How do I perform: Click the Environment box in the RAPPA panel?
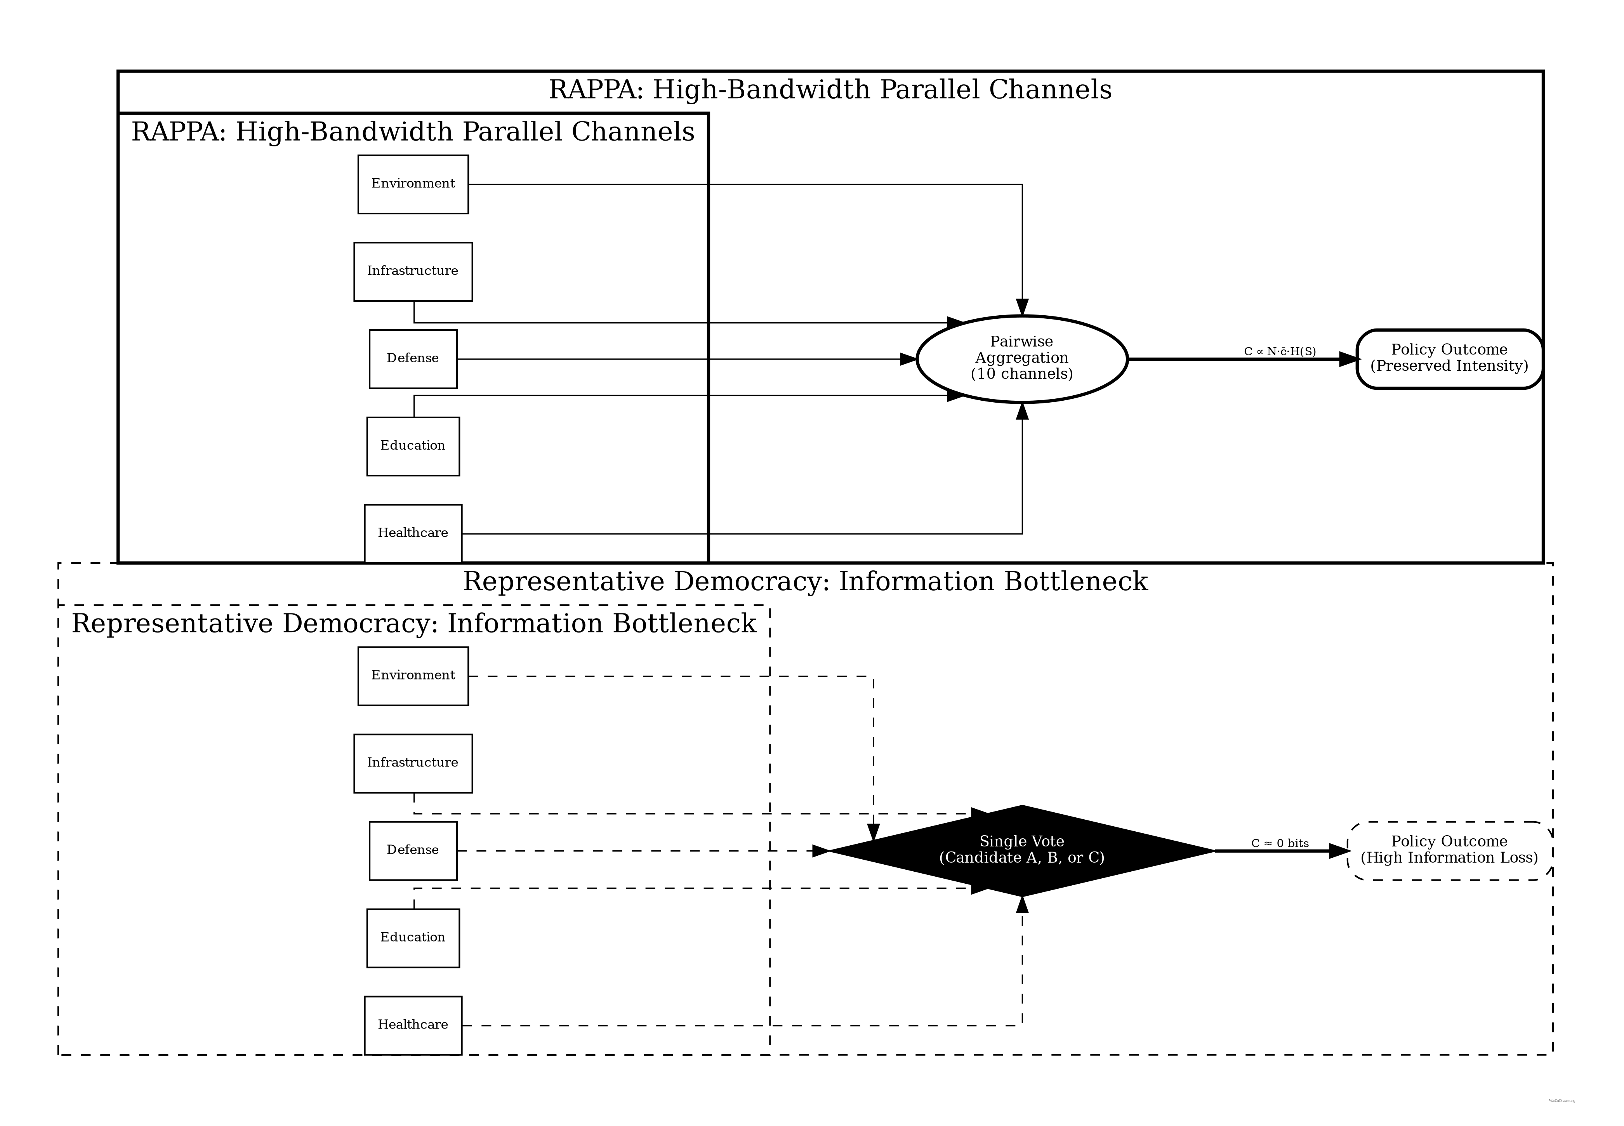point(413,184)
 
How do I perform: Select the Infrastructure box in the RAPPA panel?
point(413,272)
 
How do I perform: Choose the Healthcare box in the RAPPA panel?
point(413,533)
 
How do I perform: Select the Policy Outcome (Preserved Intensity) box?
point(1449,358)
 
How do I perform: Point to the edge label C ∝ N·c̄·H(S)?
point(1279,351)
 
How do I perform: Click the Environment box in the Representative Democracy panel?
point(413,676)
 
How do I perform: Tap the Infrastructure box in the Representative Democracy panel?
point(413,763)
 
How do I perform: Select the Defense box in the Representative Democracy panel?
point(413,850)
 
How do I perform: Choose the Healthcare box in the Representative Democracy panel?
point(413,1025)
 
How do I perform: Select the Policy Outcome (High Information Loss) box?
point(1449,850)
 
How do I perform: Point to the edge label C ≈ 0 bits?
point(1279,843)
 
